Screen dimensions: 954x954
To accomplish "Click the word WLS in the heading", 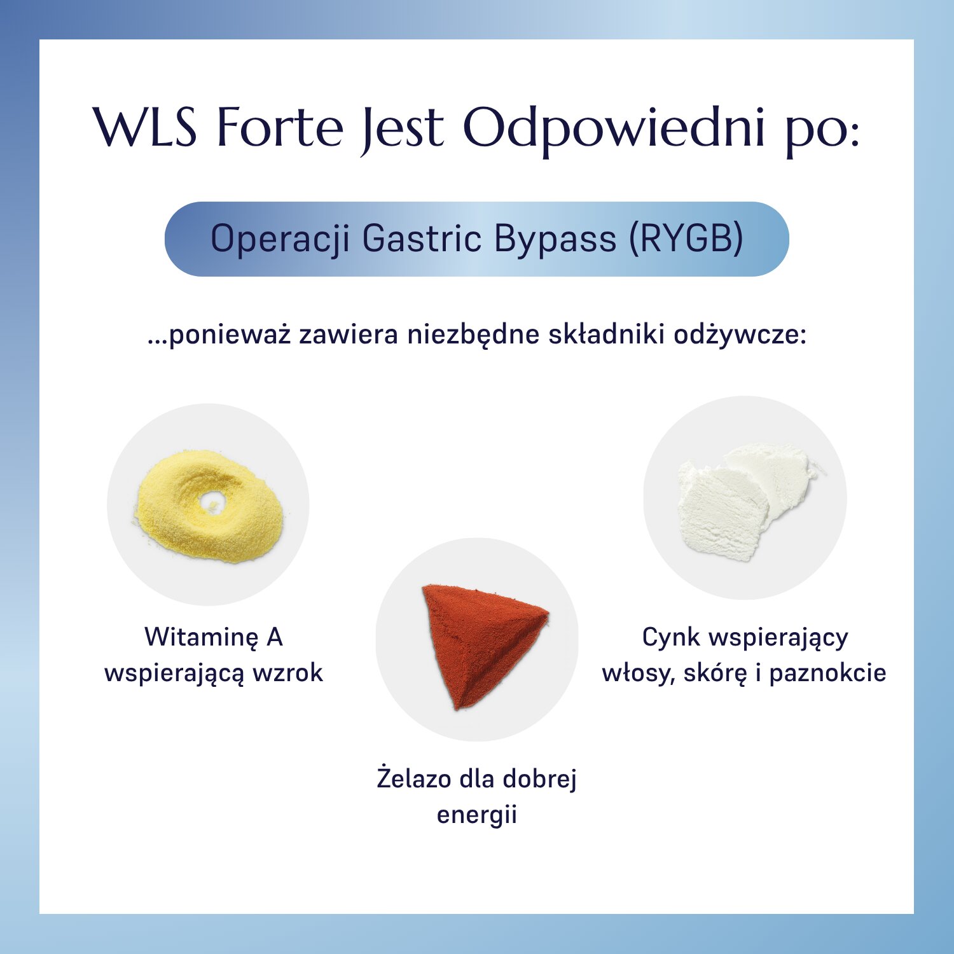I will click(145, 127).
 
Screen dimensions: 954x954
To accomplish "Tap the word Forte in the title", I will click(280, 127).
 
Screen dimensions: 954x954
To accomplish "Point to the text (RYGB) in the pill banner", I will click(686, 239).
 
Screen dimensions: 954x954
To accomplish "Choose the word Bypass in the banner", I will click(555, 239).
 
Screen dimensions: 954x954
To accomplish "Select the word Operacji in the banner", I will click(280, 239).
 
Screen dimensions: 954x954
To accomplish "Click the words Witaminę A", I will click(214, 637).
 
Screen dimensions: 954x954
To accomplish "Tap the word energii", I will click(477, 814).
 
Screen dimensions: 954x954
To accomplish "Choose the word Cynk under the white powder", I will click(671, 637).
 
